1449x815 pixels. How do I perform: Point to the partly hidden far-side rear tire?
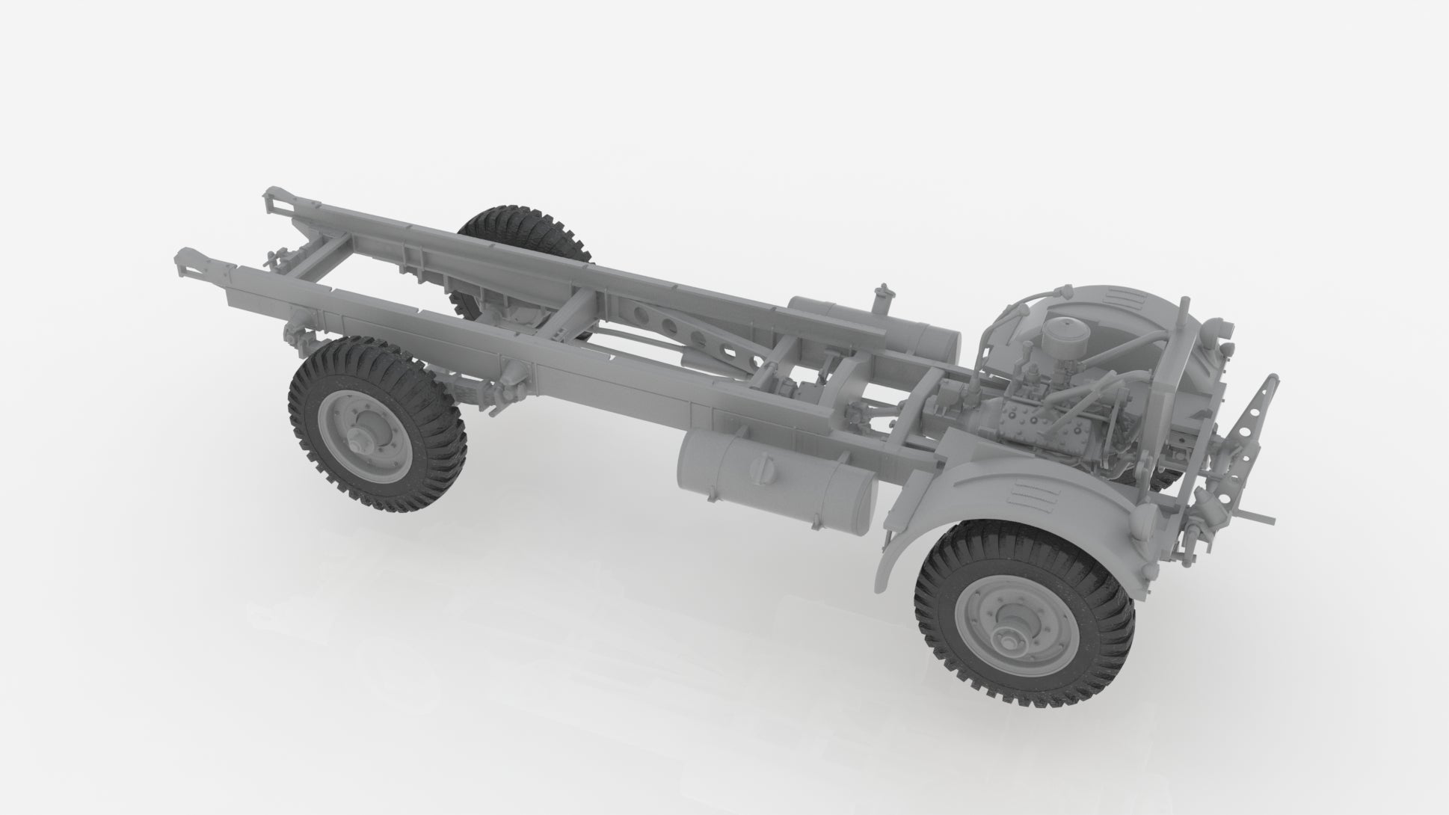click(523, 232)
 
